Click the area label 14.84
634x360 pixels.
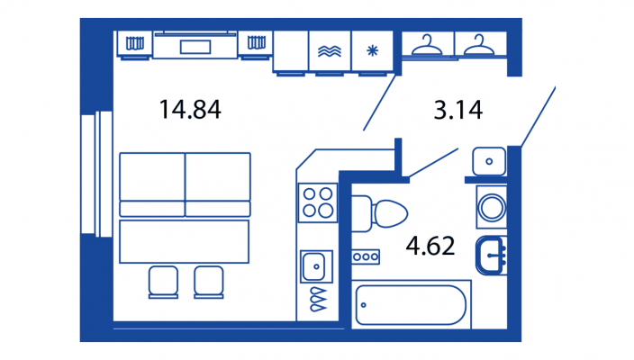point(190,110)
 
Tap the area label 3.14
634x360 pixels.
point(458,110)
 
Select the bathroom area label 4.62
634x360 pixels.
point(430,246)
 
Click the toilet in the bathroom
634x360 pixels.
point(379,213)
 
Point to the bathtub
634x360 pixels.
point(411,304)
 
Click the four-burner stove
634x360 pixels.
point(317,202)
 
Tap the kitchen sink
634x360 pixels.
point(316,266)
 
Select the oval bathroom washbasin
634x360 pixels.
point(492,256)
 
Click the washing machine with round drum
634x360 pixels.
point(492,207)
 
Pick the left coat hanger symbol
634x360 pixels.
point(427,45)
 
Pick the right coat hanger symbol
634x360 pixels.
point(479,45)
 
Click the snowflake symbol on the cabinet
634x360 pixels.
point(372,51)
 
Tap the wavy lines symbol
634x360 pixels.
point(329,51)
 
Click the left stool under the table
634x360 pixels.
point(163,282)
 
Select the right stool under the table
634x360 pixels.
point(209,282)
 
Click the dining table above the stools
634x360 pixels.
point(185,241)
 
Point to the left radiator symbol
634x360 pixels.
point(135,43)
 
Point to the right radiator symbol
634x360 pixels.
point(257,42)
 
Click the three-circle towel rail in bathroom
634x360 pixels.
point(366,256)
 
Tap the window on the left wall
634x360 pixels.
point(96,174)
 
